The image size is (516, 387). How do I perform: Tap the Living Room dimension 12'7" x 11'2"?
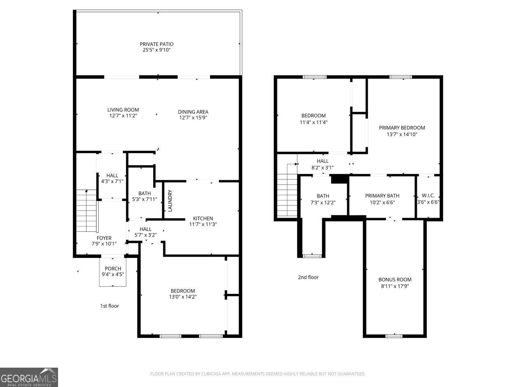[x=123, y=116]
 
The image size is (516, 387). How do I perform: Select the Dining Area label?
[x=193, y=112]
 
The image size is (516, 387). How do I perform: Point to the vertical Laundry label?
[x=170, y=201]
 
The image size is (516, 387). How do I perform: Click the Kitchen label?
[x=203, y=218]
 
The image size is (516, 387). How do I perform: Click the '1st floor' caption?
[x=110, y=306]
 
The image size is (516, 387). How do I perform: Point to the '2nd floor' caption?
[x=308, y=277]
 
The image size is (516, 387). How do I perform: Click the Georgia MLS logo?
[x=29, y=377]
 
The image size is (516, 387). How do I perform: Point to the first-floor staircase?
[x=87, y=211]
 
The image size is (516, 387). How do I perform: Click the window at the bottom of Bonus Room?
[x=393, y=336]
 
